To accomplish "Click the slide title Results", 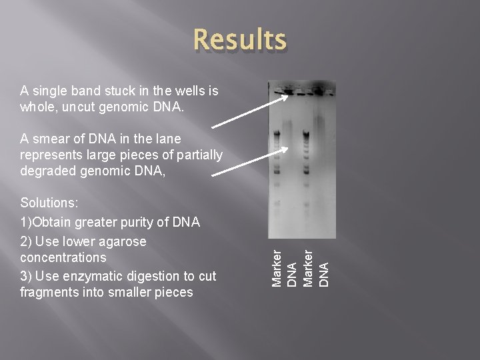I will [x=240, y=40].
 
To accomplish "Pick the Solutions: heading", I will [x=48, y=203].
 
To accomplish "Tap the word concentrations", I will [x=63, y=257].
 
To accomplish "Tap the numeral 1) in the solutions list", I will [x=26, y=222].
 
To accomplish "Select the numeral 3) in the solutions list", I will [x=26, y=276].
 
